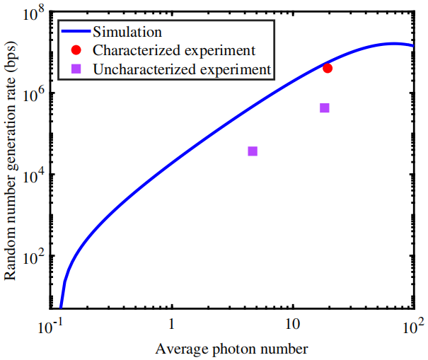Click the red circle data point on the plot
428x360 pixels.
[328, 68]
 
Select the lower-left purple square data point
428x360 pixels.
[253, 151]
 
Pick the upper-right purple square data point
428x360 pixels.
[325, 108]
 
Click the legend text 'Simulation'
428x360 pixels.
[128, 32]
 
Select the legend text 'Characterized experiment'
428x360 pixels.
[174, 50]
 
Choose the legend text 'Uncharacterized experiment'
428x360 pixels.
[182, 69]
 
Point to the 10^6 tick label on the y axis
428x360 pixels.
[33, 95]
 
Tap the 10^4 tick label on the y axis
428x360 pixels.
[33, 176]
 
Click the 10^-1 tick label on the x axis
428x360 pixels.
[50, 326]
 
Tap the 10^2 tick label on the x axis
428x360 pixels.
[413, 326]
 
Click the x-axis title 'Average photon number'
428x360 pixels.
[231, 349]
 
